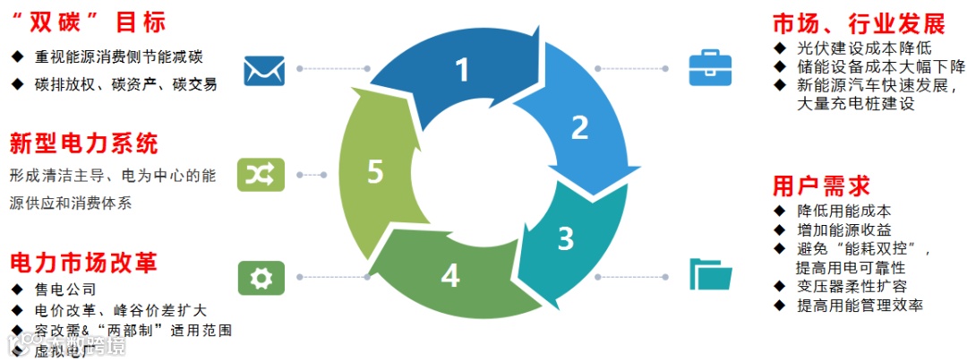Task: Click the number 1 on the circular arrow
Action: (x=462, y=69)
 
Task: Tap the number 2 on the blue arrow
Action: (x=579, y=127)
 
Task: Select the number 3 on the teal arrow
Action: (x=565, y=238)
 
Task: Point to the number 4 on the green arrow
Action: (x=450, y=276)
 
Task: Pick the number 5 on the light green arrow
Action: (x=375, y=171)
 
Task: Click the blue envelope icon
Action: (x=263, y=69)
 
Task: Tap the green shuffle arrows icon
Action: (x=260, y=174)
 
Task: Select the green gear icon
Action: (x=260, y=278)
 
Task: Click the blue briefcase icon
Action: (x=709, y=69)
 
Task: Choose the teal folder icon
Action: (x=709, y=274)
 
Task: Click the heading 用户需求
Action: (x=821, y=186)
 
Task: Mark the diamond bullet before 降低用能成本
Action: (x=780, y=211)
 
